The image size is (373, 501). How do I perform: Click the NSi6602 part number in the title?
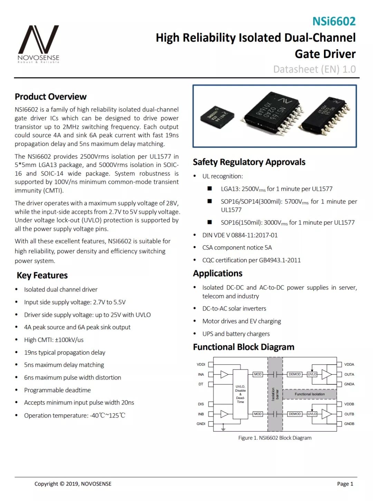[334, 21]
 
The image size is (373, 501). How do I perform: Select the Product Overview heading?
[50, 97]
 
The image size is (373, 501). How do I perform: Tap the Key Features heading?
[42, 275]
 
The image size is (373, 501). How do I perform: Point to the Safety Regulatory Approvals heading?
[249, 162]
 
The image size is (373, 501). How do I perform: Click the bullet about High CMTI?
[54, 340]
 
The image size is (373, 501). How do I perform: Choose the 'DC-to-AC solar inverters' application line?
[234, 308]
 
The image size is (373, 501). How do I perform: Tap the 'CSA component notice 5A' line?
[237, 248]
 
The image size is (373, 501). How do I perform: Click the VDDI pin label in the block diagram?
[201, 364]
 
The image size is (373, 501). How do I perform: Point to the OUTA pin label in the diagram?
[349, 374]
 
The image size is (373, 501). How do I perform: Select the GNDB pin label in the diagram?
[349, 424]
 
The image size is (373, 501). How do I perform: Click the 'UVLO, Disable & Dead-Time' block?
[240, 394]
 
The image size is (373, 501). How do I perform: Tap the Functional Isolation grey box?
[309, 394]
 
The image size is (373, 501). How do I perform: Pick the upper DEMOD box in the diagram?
[295, 374]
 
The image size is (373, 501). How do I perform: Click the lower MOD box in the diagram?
[258, 414]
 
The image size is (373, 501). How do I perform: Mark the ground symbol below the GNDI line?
[223, 428]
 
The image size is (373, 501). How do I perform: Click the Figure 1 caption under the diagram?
[275, 438]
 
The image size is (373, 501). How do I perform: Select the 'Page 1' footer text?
[345, 484]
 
